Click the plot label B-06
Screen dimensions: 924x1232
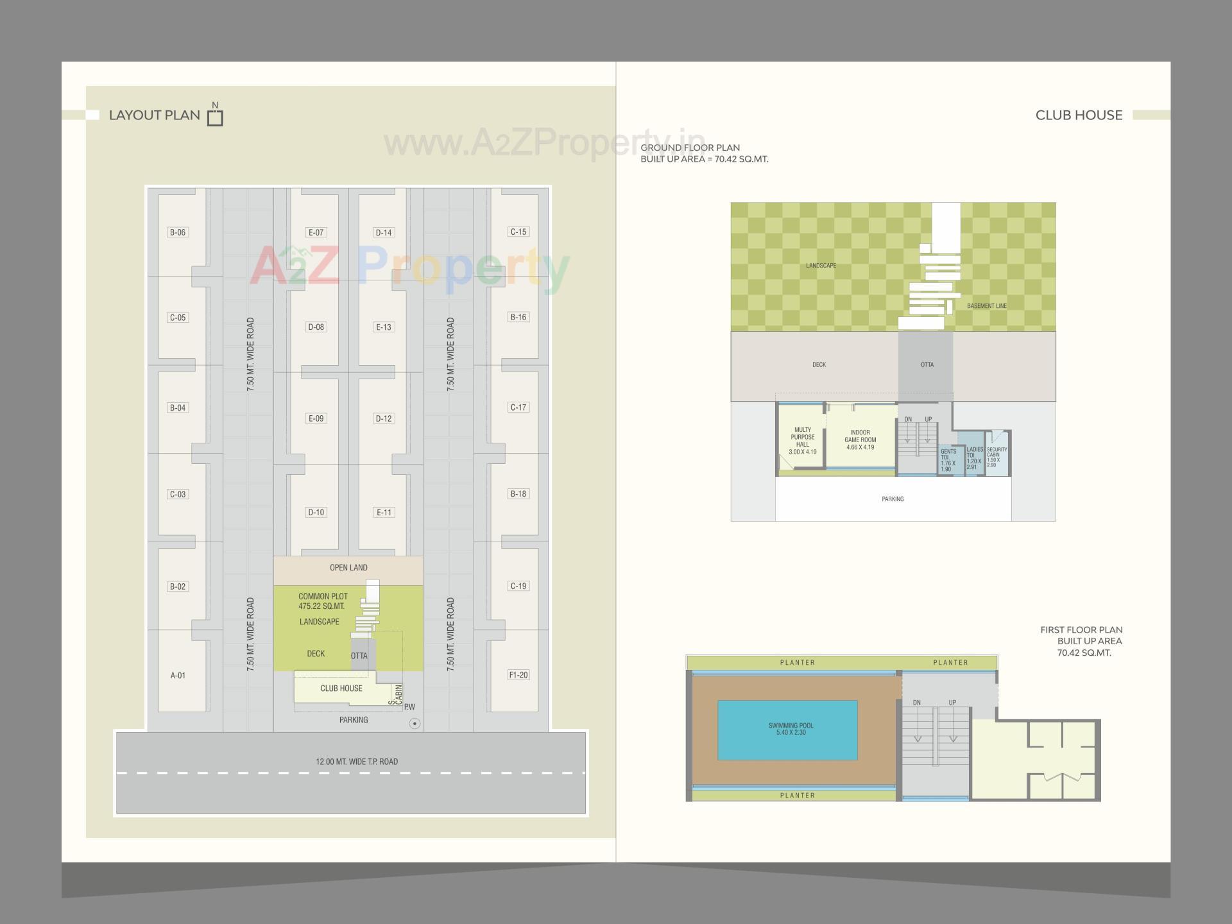coord(178,232)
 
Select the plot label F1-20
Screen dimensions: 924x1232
coord(518,675)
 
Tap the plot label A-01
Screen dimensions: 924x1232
coord(178,675)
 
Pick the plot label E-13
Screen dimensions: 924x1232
coord(383,327)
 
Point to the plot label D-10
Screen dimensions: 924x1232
coord(316,512)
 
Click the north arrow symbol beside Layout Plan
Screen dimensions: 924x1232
coord(215,116)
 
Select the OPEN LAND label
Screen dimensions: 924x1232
coord(348,568)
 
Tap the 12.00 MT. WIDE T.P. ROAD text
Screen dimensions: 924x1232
coord(357,762)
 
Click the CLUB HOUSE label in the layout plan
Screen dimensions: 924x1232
coord(341,689)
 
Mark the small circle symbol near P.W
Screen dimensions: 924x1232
coord(415,724)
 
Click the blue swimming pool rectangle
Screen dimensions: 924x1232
coord(787,730)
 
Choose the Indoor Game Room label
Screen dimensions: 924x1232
coord(860,440)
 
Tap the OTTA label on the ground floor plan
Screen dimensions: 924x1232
coord(927,364)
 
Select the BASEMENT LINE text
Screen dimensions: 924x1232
coord(986,306)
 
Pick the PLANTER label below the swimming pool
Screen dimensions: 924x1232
coord(797,796)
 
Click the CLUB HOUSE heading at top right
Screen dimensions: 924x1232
coord(1079,116)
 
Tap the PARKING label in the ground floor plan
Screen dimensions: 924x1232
coord(893,499)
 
